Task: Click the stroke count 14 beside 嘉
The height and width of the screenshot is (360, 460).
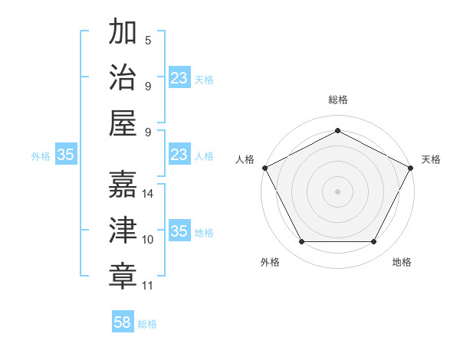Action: pos(149,194)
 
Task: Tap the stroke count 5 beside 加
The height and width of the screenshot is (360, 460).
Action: pos(148,41)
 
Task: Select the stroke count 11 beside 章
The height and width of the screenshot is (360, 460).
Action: pos(148,286)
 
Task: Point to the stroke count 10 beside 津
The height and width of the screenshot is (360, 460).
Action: pos(148,240)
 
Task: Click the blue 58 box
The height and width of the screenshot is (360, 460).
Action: pos(123,322)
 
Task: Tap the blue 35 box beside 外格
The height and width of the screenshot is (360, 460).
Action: pos(65,155)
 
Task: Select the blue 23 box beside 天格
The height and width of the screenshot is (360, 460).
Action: pos(179,78)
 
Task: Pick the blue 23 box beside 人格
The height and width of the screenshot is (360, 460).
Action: pos(179,155)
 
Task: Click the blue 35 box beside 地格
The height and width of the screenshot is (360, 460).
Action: pos(179,231)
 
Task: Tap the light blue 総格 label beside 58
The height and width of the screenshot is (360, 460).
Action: pos(147,324)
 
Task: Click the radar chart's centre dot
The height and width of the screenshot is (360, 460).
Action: pos(337,191)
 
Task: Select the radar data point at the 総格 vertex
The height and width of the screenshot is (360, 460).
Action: pos(337,130)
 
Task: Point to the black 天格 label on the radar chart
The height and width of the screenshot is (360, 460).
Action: pos(431,159)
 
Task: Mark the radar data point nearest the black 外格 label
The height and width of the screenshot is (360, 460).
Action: pos(301,242)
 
